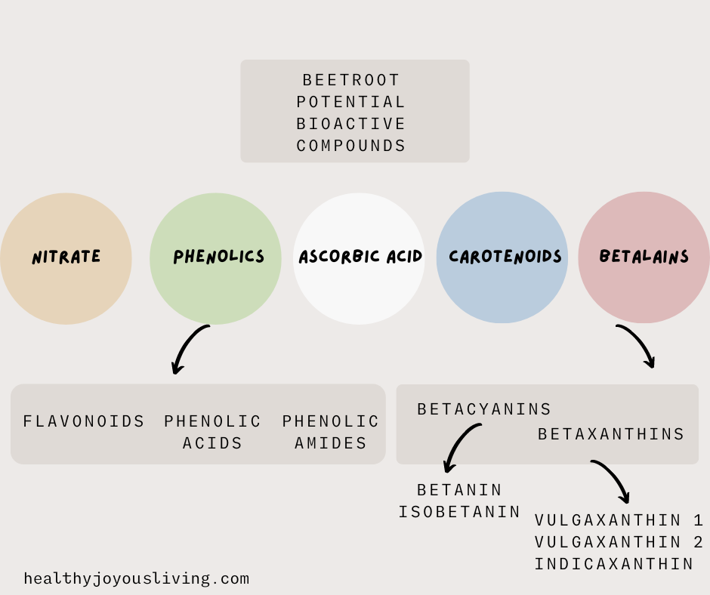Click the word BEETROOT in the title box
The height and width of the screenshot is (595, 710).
[351, 80]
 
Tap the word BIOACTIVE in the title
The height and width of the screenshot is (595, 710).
[351, 124]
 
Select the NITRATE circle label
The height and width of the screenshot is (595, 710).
[66, 257]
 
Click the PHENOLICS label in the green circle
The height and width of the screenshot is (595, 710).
[219, 257]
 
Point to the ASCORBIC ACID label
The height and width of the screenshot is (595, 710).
[360, 257]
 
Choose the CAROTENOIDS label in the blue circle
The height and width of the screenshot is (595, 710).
[505, 257]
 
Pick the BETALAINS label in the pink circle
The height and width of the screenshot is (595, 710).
[644, 257]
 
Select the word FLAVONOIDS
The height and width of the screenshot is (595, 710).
[84, 421]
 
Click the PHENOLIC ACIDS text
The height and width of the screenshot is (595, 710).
[213, 432]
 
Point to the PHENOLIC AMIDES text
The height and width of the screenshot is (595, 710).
[331, 432]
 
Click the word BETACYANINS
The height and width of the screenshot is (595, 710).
[484, 409]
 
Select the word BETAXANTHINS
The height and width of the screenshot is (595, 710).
[611, 434]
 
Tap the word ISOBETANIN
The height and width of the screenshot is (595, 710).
[460, 512]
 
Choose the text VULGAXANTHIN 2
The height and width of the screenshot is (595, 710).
[619, 542]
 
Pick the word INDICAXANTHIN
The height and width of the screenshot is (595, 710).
[614, 564]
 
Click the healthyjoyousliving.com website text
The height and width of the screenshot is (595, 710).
[137, 579]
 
